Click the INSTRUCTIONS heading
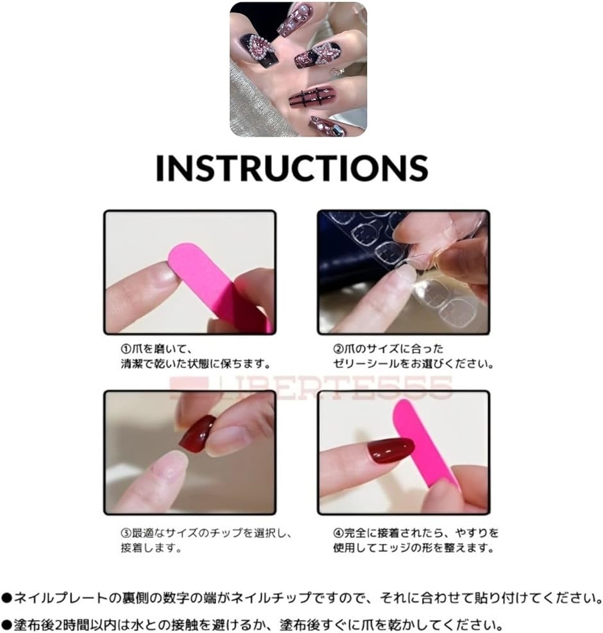point(292,167)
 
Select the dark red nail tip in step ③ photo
point(198,434)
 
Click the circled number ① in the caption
point(126,349)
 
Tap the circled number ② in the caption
point(338,349)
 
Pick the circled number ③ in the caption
point(126,533)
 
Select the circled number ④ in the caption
point(338,533)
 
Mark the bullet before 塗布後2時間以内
point(7,625)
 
